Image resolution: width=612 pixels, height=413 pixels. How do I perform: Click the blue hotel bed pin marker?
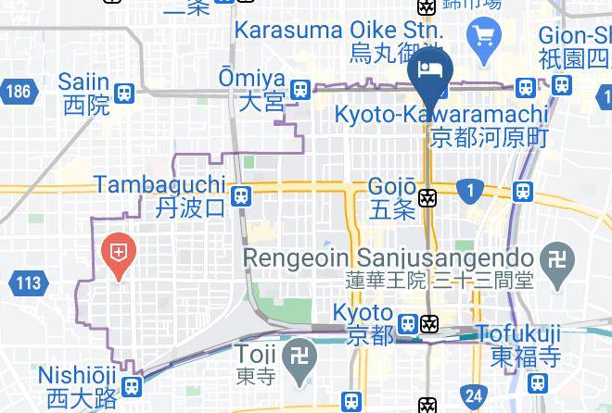pyautogui.click(x=429, y=71)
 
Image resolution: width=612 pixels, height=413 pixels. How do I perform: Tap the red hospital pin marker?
pyautogui.click(x=120, y=253)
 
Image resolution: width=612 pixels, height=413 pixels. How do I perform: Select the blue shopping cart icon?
pyautogui.click(x=485, y=36)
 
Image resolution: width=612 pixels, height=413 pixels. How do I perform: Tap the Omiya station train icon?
pyautogui.click(x=299, y=90)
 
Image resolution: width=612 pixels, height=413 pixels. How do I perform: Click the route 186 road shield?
pyautogui.click(x=16, y=91)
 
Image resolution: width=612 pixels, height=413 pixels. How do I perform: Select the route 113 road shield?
pyautogui.click(x=28, y=282)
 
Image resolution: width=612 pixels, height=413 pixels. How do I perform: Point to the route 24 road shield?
pyautogui.click(x=474, y=396)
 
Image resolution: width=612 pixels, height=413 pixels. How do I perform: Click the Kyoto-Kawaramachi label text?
pyautogui.click(x=440, y=114)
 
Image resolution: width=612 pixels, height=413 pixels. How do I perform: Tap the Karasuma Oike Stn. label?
pyautogui.click(x=338, y=29)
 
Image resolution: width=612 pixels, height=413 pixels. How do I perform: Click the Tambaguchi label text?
pyautogui.click(x=159, y=184)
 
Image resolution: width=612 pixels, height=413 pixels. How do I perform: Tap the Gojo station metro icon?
pyautogui.click(x=427, y=197)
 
